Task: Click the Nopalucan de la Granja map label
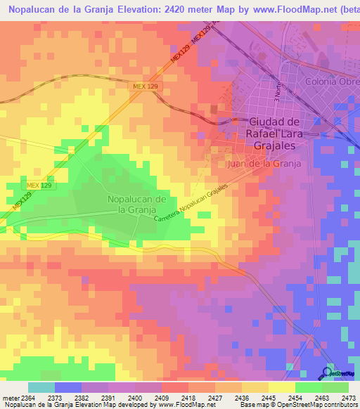point(136,204)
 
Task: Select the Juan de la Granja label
point(264,163)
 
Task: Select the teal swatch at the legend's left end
point(41,387)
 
